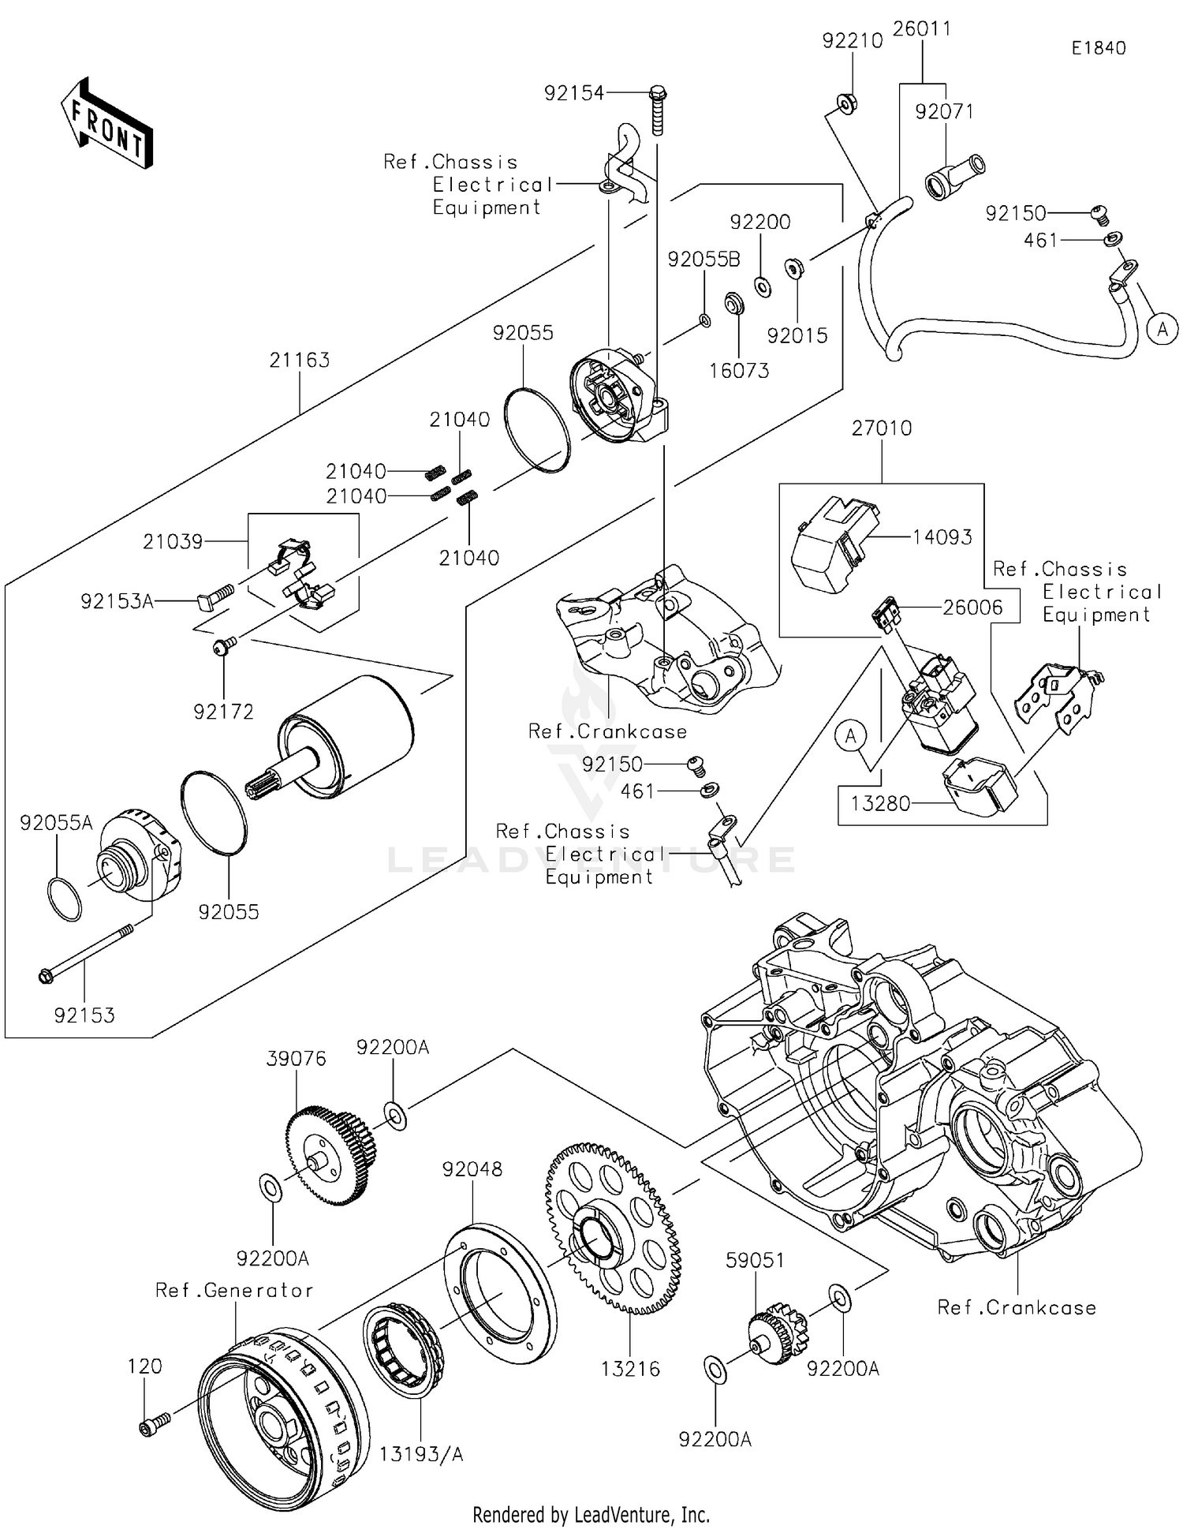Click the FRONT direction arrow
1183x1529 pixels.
tap(106, 125)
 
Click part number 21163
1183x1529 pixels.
tap(299, 361)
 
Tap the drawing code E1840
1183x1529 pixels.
tap(1098, 48)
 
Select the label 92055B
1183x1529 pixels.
tap(703, 260)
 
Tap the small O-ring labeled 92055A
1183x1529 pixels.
tap(64, 899)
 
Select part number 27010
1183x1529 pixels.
tap(881, 428)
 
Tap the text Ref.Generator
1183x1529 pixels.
tap(234, 1291)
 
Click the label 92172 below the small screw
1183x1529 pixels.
tap(224, 712)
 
